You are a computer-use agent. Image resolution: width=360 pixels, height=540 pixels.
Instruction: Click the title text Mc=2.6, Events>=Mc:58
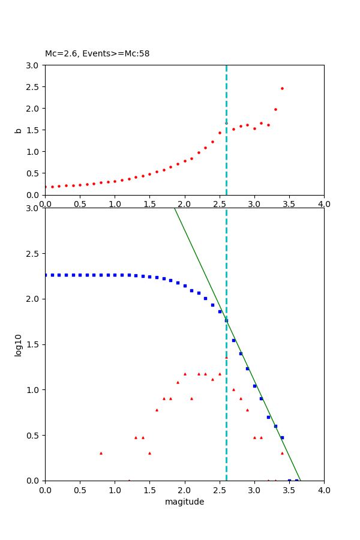click(x=97, y=54)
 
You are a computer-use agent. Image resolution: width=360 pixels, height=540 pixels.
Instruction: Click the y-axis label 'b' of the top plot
click(x=18, y=130)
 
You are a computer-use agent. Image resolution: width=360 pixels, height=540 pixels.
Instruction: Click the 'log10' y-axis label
click(x=18, y=345)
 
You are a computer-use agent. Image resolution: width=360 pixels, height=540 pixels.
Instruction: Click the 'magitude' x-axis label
click(x=184, y=502)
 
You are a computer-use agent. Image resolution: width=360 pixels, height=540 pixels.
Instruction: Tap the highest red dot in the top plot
click(x=282, y=88)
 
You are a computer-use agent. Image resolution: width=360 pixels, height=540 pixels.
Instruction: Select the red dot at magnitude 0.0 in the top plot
click(x=45, y=187)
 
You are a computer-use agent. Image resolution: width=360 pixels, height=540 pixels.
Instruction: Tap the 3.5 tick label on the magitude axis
click(x=289, y=490)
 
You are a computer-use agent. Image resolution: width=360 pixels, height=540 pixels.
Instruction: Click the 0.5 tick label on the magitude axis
click(x=80, y=490)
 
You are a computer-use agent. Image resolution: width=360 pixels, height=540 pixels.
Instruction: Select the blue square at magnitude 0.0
click(x=45, y=275)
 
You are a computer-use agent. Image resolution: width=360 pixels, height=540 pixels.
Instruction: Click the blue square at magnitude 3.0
click(x=254, y=386)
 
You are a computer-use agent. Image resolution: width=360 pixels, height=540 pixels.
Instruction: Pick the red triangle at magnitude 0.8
click(x=101, y=453)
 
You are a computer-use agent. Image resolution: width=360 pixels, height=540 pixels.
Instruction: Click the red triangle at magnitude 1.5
click(x=149, y=453)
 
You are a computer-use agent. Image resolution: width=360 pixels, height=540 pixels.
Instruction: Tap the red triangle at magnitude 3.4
click(x=282, y=453)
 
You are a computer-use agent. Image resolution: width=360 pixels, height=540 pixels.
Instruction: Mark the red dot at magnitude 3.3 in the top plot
click(x=275, y=109)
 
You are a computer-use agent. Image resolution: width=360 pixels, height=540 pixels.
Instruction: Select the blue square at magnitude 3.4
click(x=282, y=437)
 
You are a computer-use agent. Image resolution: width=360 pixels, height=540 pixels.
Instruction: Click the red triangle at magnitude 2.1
click(x=191, y=398)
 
